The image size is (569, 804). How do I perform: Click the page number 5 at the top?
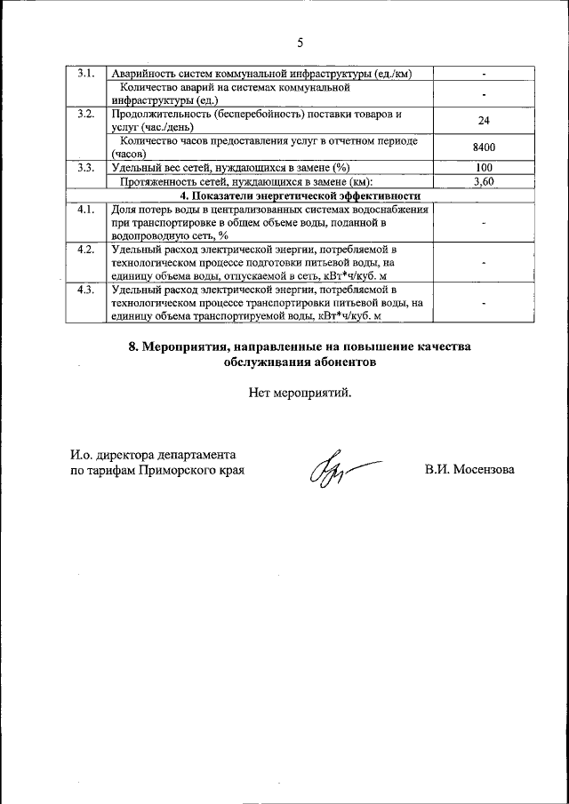(300, 43)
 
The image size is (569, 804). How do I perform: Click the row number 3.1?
(86, 73)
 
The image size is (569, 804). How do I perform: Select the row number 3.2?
(86, 114)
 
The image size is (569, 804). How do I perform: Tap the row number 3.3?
(86, 167)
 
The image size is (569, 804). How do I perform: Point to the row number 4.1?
(86, 210)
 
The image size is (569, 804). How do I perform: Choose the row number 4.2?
(86, 250)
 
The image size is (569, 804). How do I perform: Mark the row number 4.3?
(86, 290)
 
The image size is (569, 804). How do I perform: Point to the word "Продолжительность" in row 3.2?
(164, 114)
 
